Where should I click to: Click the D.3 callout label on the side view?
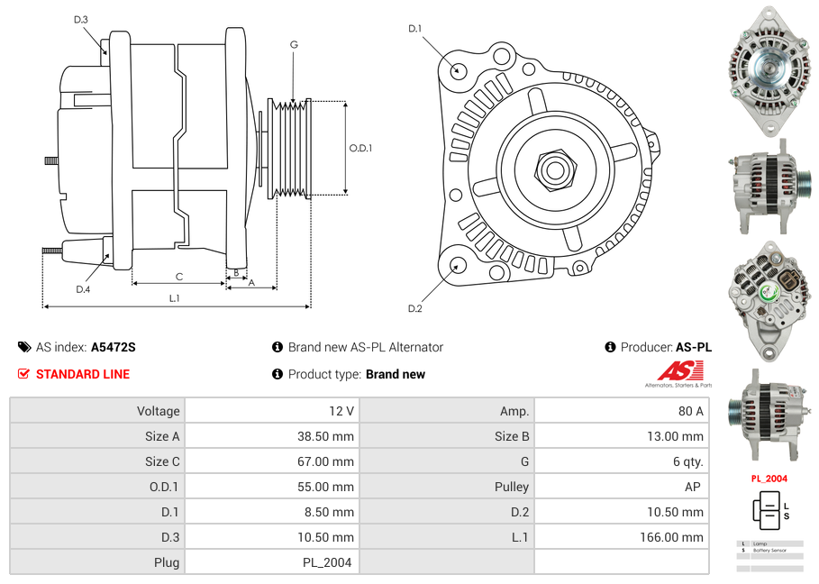coord(81,19)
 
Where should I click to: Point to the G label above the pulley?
coord(294,44)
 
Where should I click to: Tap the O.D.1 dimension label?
coord(360,148)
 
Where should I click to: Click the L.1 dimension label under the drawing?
coord(175,298)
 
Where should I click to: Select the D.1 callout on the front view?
coord(414,29)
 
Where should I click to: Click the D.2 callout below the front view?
coord(414,309)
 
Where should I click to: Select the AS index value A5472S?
coord(113,347)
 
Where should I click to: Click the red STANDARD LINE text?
coord(83,374)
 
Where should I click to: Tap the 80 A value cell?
coord(690,411)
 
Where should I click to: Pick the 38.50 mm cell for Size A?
coord(330,436)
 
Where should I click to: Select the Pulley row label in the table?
coord(512,487)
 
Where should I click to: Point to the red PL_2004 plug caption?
coord(769,479)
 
